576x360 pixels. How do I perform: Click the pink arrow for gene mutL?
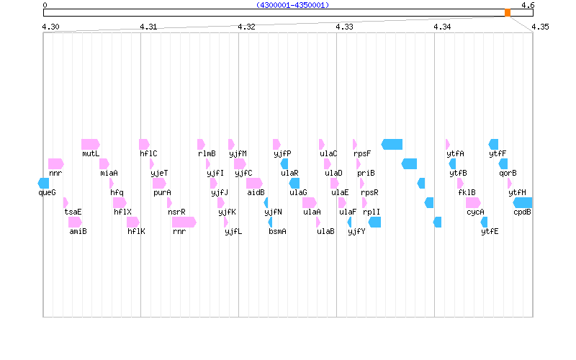point(90,144)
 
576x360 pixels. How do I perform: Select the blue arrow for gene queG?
point(43,183)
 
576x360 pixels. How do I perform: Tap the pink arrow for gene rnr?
point(184,222)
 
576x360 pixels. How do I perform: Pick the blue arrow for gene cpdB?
point(523,202)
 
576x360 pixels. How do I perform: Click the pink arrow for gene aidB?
point(254,183)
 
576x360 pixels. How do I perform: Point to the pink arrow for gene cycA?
point(473,202)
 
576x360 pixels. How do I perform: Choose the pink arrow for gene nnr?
point(55,163)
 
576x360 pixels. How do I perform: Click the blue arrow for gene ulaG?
point(294,183)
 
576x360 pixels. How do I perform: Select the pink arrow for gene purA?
point(160,183)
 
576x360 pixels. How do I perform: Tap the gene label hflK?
point(136,231)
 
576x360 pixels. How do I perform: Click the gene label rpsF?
point(362,153)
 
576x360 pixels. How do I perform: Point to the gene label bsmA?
point(277,231)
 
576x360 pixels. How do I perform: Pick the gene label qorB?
point(508,173)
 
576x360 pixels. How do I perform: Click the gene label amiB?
point(78,231)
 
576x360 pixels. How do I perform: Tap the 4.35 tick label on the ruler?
point(540,27)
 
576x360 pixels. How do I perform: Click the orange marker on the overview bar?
point(508,12)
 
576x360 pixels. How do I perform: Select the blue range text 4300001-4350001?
point(292,5)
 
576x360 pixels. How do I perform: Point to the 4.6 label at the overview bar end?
point(528,5)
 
